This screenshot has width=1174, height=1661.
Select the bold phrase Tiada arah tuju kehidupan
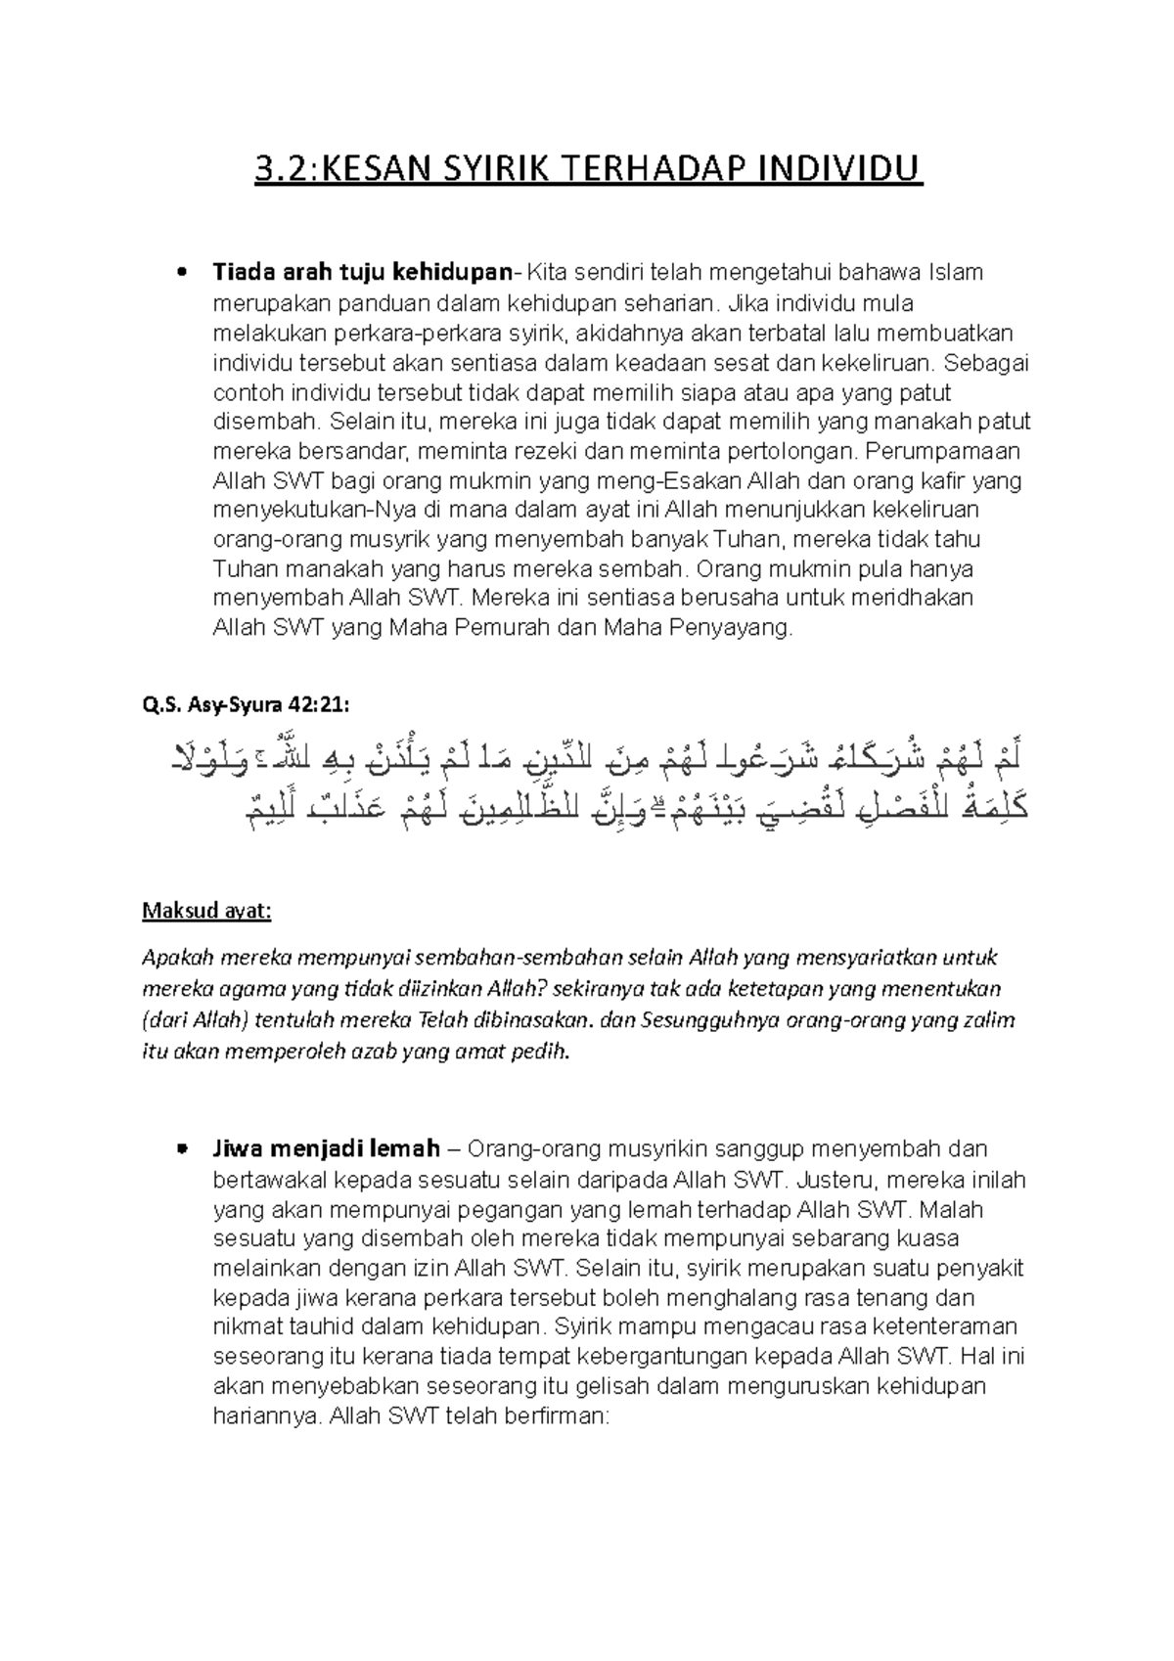(x=363, y=272)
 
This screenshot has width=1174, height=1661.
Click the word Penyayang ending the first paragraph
(x=731, y=628)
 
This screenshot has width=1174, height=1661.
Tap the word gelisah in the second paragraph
(x=614, y=1386)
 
